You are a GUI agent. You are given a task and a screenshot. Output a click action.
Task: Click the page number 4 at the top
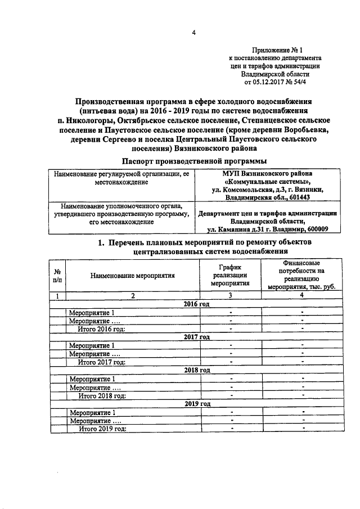click(x=193, y=33)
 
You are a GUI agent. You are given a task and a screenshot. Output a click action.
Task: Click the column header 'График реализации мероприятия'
click(x=231, y=275)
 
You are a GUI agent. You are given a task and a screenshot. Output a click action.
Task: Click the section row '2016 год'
click(x=196, y=304)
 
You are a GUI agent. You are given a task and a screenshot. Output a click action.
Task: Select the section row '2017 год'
click(x=196, y=337)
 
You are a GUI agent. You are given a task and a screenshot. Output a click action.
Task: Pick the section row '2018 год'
click(x=196, y=371)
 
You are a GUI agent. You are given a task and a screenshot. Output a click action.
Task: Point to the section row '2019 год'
click(x=196, y=404)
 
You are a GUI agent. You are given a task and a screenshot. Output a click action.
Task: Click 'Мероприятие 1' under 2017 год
click(x=91, y=345)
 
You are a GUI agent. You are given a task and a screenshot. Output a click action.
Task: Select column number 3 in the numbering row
click(x=231, y=295)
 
